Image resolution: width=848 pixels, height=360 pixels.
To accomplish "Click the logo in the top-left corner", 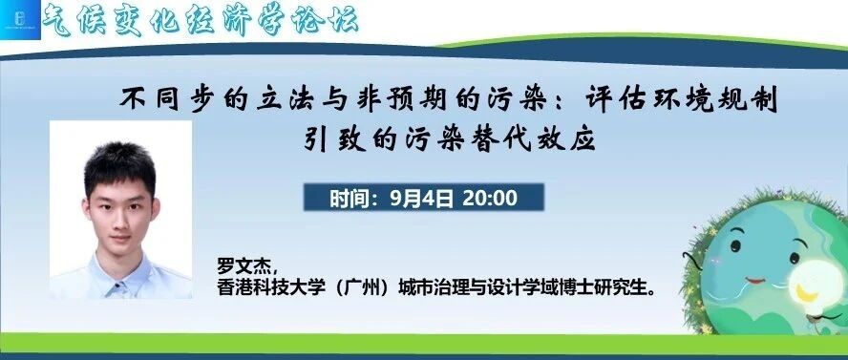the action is [x=20, y=20].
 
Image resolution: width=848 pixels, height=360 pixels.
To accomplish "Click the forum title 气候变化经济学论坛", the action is [x=200, y=21].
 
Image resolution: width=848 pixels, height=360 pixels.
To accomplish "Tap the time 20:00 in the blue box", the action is [x=490, y=199].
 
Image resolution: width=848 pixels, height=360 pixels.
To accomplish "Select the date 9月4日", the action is [x=422, y=199].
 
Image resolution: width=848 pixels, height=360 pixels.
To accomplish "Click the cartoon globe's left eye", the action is [x=735, y=246].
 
